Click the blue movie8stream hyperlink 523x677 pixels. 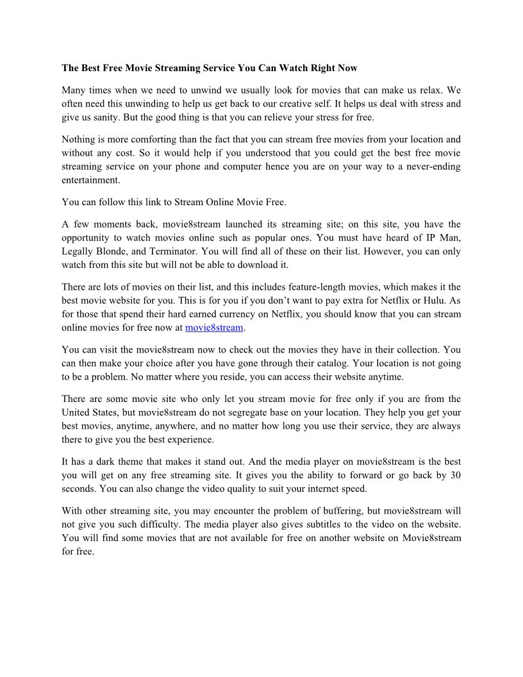[214, 328]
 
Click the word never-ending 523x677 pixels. [433, 167]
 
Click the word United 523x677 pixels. [79, 412]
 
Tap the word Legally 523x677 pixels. [78, 251]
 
